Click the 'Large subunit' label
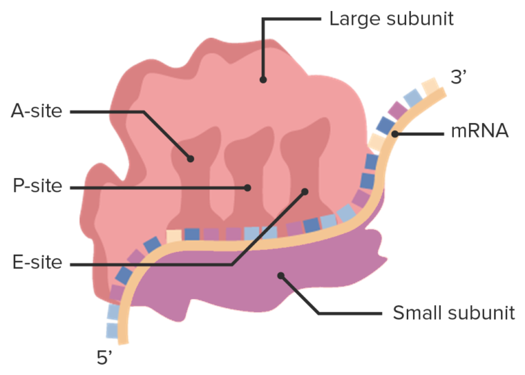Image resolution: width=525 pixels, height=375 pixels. pos(391,18)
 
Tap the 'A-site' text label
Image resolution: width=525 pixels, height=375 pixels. pos(36,110)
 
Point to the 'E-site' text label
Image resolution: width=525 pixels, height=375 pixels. pos(36,263)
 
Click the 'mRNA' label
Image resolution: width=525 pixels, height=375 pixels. pos(479,131)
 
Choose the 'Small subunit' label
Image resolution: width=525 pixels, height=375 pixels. pos(453,313)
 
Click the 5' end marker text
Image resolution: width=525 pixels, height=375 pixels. pos(105,357)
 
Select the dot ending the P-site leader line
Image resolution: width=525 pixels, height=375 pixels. pos(249,187)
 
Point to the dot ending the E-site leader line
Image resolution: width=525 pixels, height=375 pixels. pos(305,192)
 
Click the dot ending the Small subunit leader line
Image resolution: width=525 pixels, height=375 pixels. pos(280,276)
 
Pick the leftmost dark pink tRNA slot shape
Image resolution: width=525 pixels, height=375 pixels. pos(196,178)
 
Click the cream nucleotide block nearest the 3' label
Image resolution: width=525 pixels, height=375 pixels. pos(429,88)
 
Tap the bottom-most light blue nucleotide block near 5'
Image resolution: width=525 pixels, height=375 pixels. pos(112,330)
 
